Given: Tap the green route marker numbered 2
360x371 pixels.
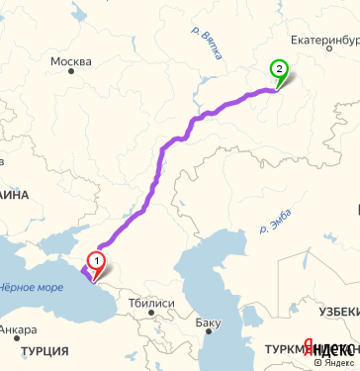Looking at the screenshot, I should [280, 70].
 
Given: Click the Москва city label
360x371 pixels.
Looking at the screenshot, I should [70, 63].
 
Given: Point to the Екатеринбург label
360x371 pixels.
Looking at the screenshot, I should [320, 44].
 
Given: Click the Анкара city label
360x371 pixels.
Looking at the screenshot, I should [19, 329].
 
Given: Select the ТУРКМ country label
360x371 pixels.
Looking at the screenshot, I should [284, 349].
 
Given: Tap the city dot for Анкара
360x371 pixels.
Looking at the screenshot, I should [6, 318].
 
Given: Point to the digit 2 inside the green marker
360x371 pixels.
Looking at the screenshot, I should [280, 68].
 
